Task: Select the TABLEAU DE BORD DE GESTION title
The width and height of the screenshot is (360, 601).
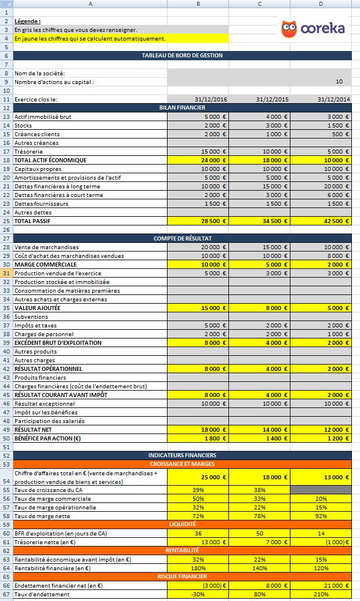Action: [182, 56]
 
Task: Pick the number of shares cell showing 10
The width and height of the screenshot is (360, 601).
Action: [339, 82]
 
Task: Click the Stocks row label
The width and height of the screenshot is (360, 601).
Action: [23, 125]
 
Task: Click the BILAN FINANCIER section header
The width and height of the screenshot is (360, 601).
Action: [182, 108]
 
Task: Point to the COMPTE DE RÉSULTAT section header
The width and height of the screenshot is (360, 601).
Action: [182, 238]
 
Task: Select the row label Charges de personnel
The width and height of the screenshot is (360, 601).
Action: [40, 334]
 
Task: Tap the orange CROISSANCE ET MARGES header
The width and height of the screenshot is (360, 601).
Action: [182, 464]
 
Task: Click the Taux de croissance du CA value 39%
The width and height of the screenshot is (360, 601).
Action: [198, 490]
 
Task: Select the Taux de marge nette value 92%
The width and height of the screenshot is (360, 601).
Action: [321, 516]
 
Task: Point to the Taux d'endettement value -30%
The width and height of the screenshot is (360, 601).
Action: [198, 594]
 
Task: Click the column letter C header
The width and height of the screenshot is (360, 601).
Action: [259, 4]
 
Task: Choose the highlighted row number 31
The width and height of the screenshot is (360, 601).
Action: [6, 273]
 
